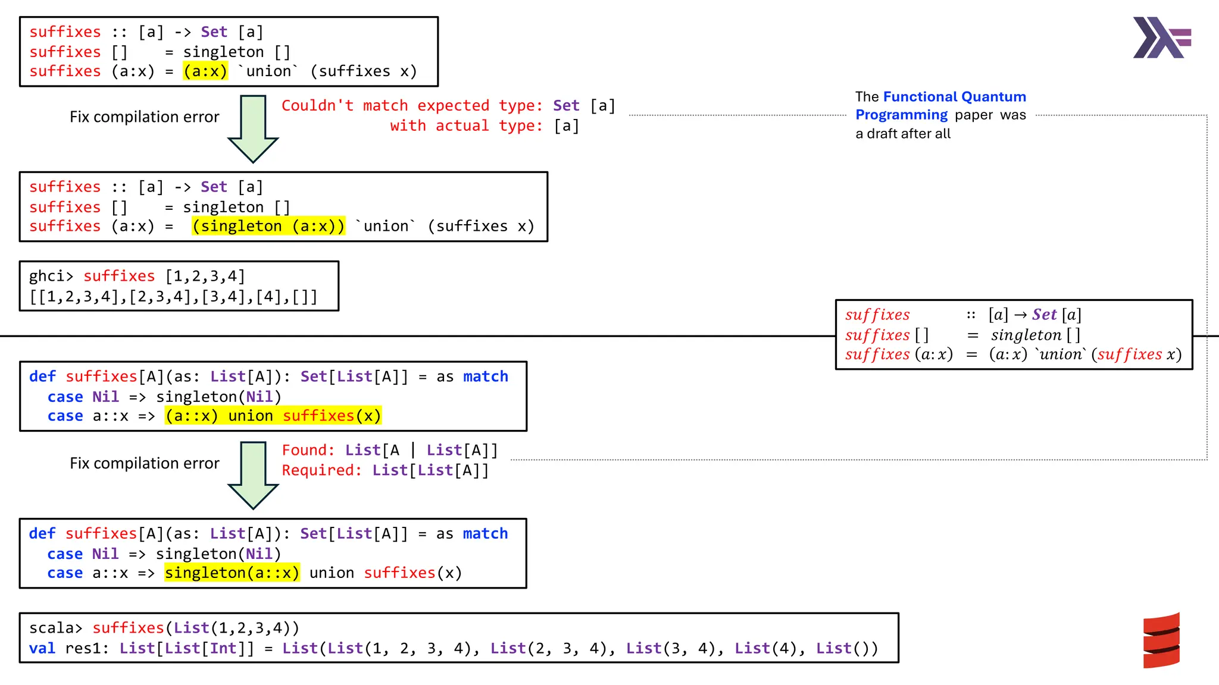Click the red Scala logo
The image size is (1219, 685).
point(1161,640)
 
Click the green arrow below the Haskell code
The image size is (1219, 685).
point(253,128)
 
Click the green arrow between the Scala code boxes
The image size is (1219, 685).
point(253,475)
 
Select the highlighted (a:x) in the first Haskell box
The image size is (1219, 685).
point(205,71)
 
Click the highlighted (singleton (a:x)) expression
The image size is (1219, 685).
point(268,226)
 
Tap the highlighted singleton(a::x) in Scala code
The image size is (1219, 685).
point(232,573)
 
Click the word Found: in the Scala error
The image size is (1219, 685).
point(308,450)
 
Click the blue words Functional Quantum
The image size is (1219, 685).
point(954,96)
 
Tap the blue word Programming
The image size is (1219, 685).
point(901,115)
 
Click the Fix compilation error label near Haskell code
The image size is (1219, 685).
point(144,117)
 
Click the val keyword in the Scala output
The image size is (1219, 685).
point(42,648)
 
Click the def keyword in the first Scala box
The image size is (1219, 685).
point(42,376)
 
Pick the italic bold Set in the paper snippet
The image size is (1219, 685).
point(1044,315)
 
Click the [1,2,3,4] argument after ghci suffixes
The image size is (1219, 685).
point(205,276)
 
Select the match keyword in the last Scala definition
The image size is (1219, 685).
point(485,533)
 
